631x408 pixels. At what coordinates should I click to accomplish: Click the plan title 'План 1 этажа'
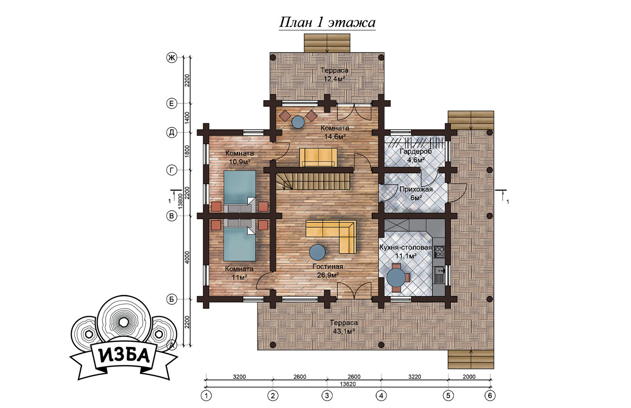click(327, 23)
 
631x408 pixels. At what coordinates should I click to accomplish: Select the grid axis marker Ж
click(171, 58)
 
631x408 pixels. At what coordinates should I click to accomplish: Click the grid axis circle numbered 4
click(381, 396)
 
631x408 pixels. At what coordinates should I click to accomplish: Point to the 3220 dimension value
click(415, 377)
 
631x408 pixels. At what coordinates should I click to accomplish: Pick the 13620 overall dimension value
click(348, 384)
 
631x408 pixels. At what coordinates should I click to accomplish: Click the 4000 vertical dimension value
click(187, 257)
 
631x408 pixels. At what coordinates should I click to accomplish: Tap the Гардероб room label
click(416, 152)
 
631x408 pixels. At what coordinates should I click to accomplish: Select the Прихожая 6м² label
click(416, 193)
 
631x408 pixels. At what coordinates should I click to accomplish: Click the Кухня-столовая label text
click(406, 248)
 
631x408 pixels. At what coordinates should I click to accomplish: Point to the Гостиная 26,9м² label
click(328, 271)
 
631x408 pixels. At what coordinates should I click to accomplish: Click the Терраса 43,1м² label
click(344, 327)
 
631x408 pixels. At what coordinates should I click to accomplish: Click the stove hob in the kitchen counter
click(439, 252)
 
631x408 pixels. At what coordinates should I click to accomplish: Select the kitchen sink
click(440, 275)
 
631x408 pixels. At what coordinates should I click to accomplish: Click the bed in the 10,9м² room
click(240, 191)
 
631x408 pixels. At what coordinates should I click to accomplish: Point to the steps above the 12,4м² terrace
click(327, 43)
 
